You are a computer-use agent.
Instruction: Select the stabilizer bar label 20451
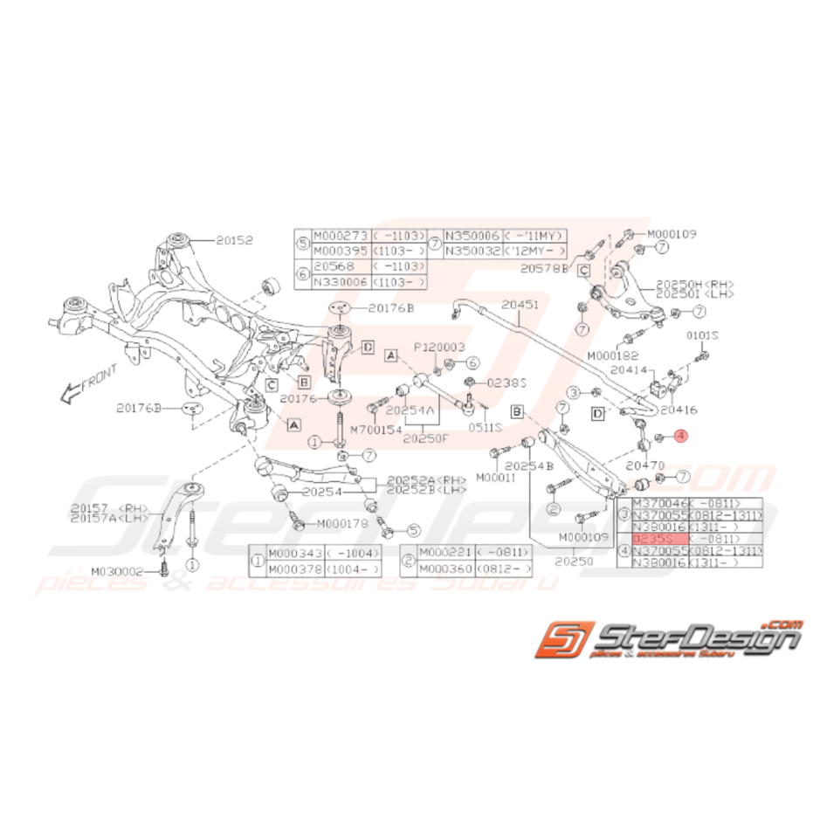coord(520,305)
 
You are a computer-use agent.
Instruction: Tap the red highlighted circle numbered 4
coord(681,435)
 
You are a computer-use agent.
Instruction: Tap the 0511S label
coord(486,427)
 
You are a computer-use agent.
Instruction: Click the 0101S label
coord(702,334)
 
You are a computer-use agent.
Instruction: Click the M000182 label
coord(613,355)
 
